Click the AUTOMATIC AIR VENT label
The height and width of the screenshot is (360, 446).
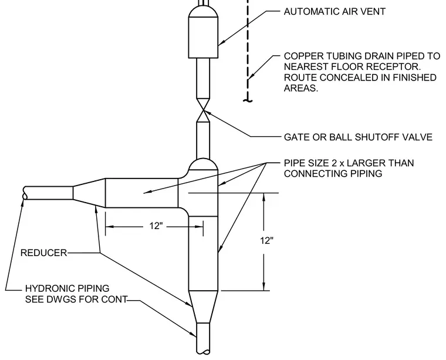coord(334,11)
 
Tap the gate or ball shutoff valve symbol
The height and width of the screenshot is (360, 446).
coord(203,110)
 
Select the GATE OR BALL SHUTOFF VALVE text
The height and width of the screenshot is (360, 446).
coord(358,137)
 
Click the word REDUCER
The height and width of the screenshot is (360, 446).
coord(43,253)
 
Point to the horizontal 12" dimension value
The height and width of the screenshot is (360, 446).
coord(156,226)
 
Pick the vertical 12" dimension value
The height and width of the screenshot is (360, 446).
coord(266,241)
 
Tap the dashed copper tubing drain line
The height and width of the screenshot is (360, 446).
coord(248,51)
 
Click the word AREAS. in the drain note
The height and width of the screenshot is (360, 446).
coord(301,88)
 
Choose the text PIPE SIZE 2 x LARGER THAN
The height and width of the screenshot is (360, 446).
coord(349,163)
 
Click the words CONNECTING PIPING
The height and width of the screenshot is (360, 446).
coord(333,174)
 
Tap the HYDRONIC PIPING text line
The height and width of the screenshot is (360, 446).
coord(67,288)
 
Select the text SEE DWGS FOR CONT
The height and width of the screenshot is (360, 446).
coord(76,300)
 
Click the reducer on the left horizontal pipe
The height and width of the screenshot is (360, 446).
coord(89,193)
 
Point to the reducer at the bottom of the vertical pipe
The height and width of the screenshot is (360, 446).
coord(203,307)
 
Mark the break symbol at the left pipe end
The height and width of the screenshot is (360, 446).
coord(25,193)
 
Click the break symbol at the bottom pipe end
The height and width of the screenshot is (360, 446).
coord(203,352)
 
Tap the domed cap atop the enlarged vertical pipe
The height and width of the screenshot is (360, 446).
coord(203,164)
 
